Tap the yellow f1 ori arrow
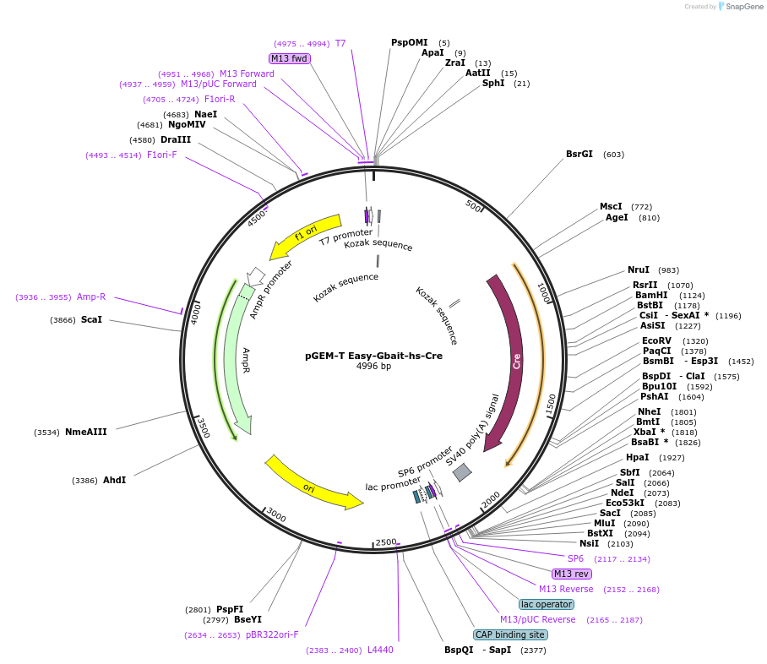click(x=304, y=236)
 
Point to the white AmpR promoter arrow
click(x=256, y=276)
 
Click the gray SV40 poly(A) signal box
click(x=462, y=472)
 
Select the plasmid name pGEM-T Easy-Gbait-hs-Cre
click(x=373, y=356)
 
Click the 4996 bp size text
click(x=373, y=367)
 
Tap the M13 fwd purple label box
click(x=289, y=58)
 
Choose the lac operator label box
click(x=547, y=604)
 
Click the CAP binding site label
click(x=510, y=634)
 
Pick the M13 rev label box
click(x=572, y=574)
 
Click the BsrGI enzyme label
click(x=579, y=154)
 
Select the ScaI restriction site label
click(x=91, y=319)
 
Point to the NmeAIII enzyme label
click(x=85, y=432)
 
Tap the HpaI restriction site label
click(x=638, y=457)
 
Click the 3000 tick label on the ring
click(x=276, y=516)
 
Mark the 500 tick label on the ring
click(x=473, y=207)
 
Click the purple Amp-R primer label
click(x=91, y=297)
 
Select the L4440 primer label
click(x=380, y=650)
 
